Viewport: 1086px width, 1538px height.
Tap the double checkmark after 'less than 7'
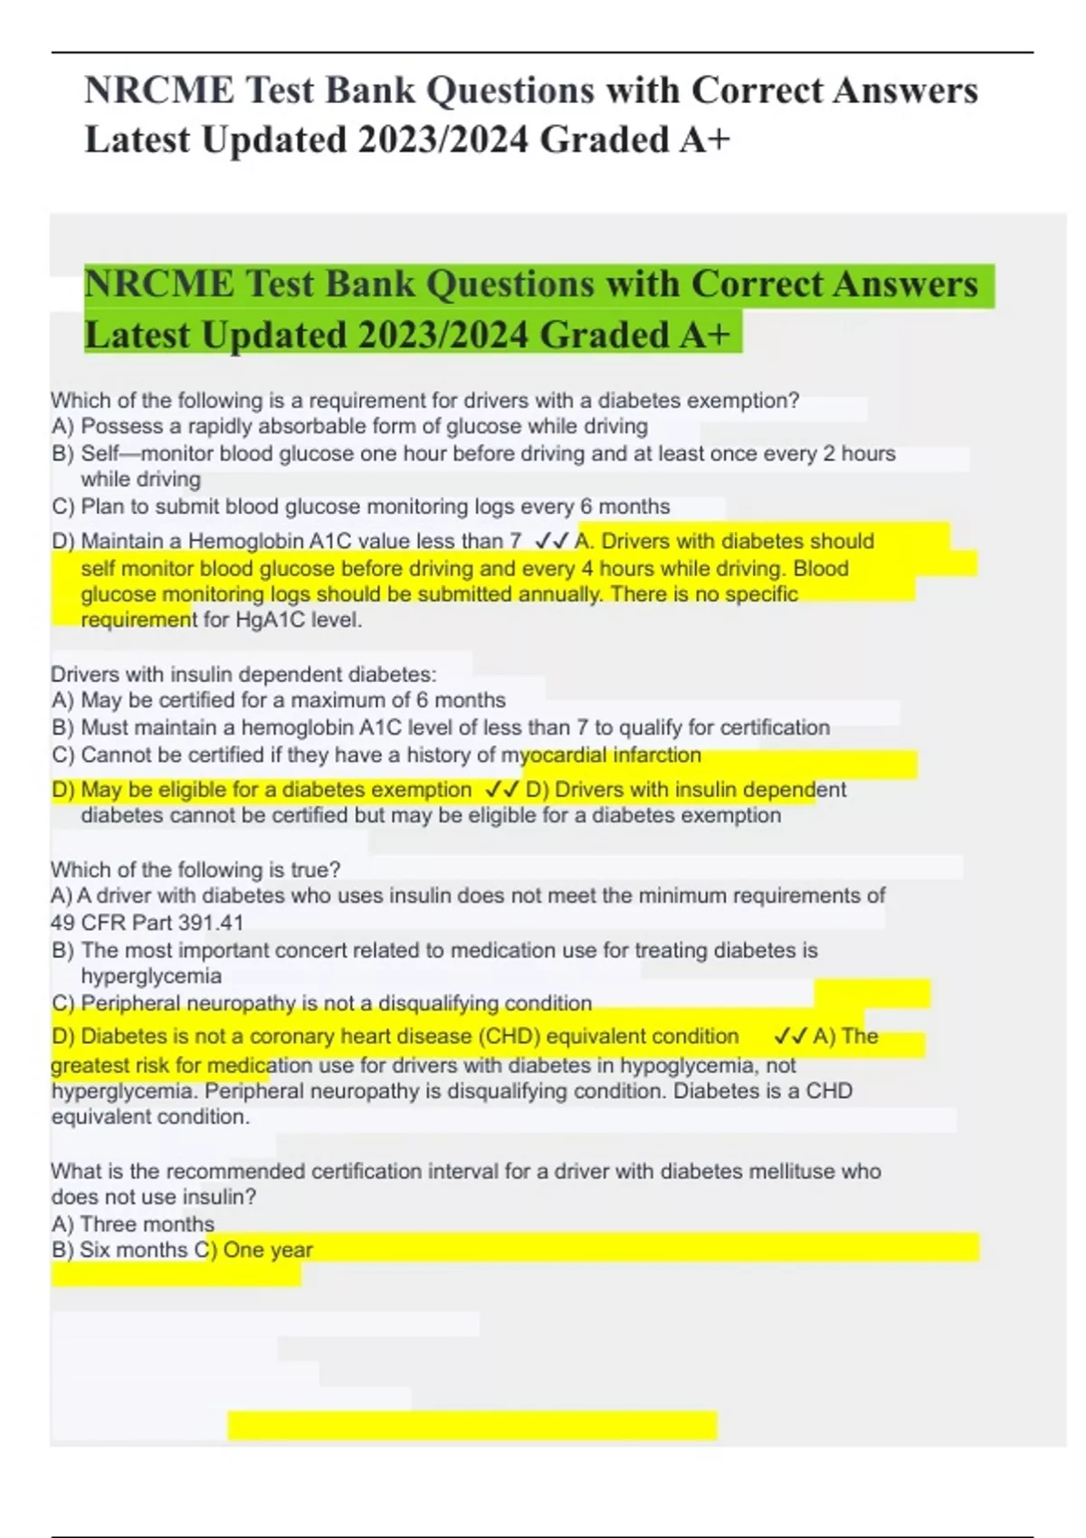[x=551, y=541]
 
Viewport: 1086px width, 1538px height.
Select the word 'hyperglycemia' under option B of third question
[x=151, y=976]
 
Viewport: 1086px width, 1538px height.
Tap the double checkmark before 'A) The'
[x=791, y=1037]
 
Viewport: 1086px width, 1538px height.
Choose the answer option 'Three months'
[x=147, y=1224]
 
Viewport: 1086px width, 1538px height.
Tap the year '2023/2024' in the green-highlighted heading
[x=443, y=335]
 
